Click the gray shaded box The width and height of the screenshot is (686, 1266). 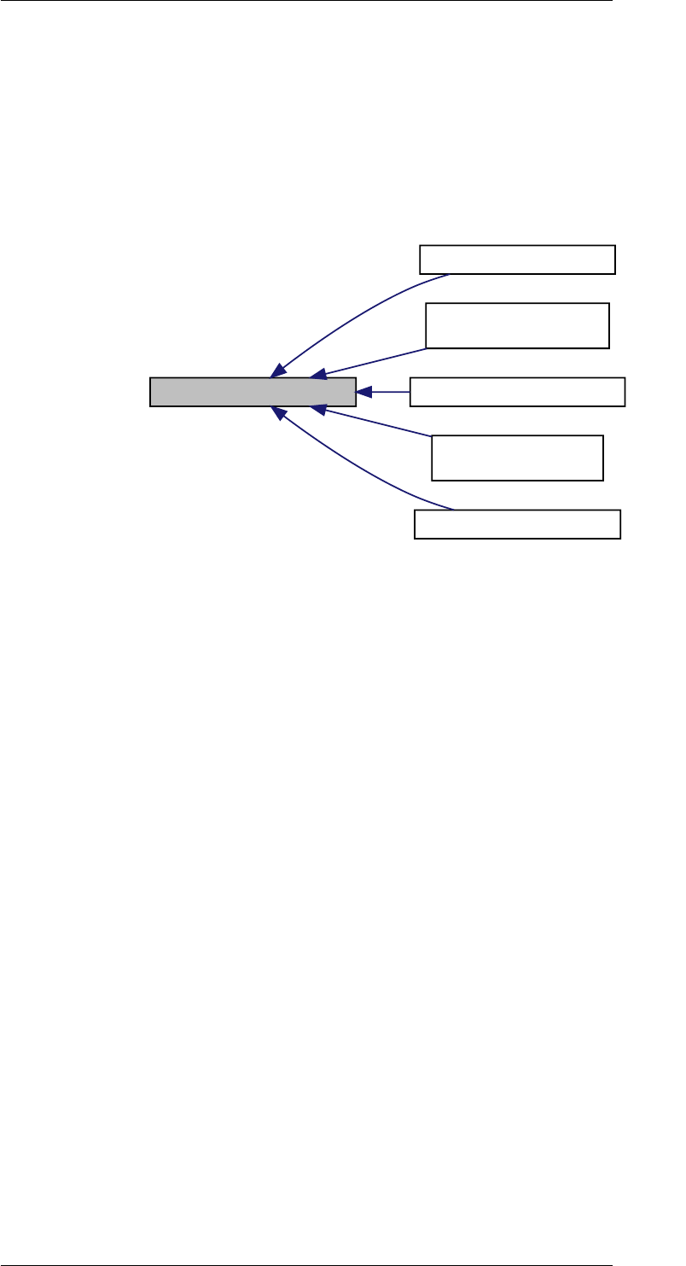(253, 392)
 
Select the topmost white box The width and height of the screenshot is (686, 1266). (517, 260)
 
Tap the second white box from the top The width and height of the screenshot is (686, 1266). (517, 325)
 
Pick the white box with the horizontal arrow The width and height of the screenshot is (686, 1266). (517, 392)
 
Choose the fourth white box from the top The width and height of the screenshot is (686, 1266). (517, 458)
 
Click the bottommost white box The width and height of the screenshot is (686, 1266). (517, 524)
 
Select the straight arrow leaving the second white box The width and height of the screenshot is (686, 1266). (375, 361)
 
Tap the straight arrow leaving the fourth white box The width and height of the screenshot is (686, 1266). (375, 423)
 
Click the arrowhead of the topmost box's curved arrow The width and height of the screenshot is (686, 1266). (278, 370)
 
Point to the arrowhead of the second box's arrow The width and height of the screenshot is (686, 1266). (318, 374)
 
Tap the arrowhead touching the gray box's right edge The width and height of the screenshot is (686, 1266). (363, 392)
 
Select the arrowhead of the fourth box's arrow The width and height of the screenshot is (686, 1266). (318, 410)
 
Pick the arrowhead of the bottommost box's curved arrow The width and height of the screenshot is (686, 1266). (278, 413)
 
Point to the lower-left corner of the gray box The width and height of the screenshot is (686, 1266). (151, 405)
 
